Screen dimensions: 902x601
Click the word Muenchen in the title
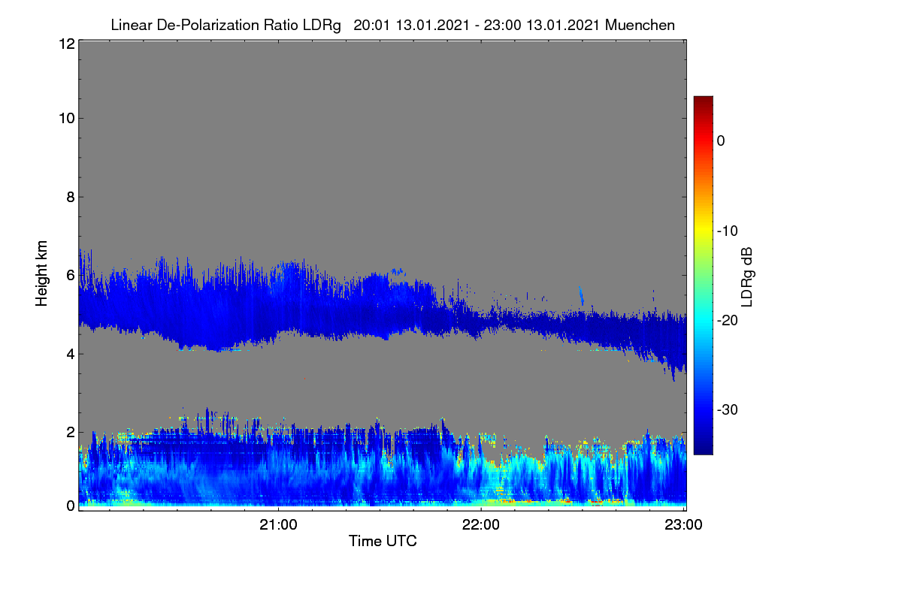tap(640, 26)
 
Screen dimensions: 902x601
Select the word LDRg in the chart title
tap(322, 26)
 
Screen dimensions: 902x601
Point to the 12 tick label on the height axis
tap(67, 44)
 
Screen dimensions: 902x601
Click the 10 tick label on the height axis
tap(67, 119)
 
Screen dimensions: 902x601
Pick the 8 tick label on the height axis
tap(71, 198)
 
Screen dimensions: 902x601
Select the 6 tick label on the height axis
tap(71, 276)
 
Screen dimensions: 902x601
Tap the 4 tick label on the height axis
tap(71, 355)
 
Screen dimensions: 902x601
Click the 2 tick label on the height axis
tap(71, 432)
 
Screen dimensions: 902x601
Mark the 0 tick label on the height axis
tap(71, 506)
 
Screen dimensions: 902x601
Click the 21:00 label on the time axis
tap(278, 525)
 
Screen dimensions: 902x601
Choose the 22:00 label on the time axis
tap(481, 525)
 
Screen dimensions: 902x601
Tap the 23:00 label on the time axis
tap(683, 525)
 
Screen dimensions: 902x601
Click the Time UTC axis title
tap(383, 541)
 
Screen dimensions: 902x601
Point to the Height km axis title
tap(41, 273)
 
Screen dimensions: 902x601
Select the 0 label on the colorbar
tap(721, 141)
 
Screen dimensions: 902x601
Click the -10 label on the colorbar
tap(728, 231)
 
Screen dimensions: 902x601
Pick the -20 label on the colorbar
tap(728, 321)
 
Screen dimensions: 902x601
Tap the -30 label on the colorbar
tap(728, 409)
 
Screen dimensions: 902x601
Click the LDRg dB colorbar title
tap(747, 277)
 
